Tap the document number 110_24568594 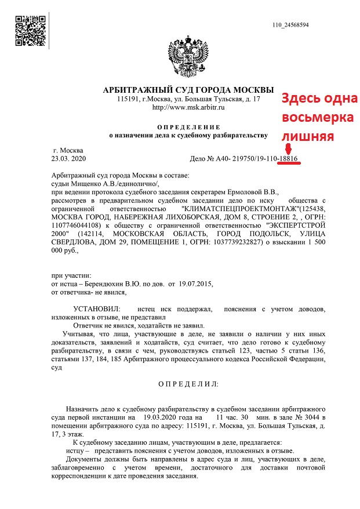290,25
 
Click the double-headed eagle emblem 188,58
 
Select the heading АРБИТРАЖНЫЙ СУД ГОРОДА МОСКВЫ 188,91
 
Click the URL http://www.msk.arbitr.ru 188,107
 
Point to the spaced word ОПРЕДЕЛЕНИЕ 188,127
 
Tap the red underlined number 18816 289,158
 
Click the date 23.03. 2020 68,158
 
